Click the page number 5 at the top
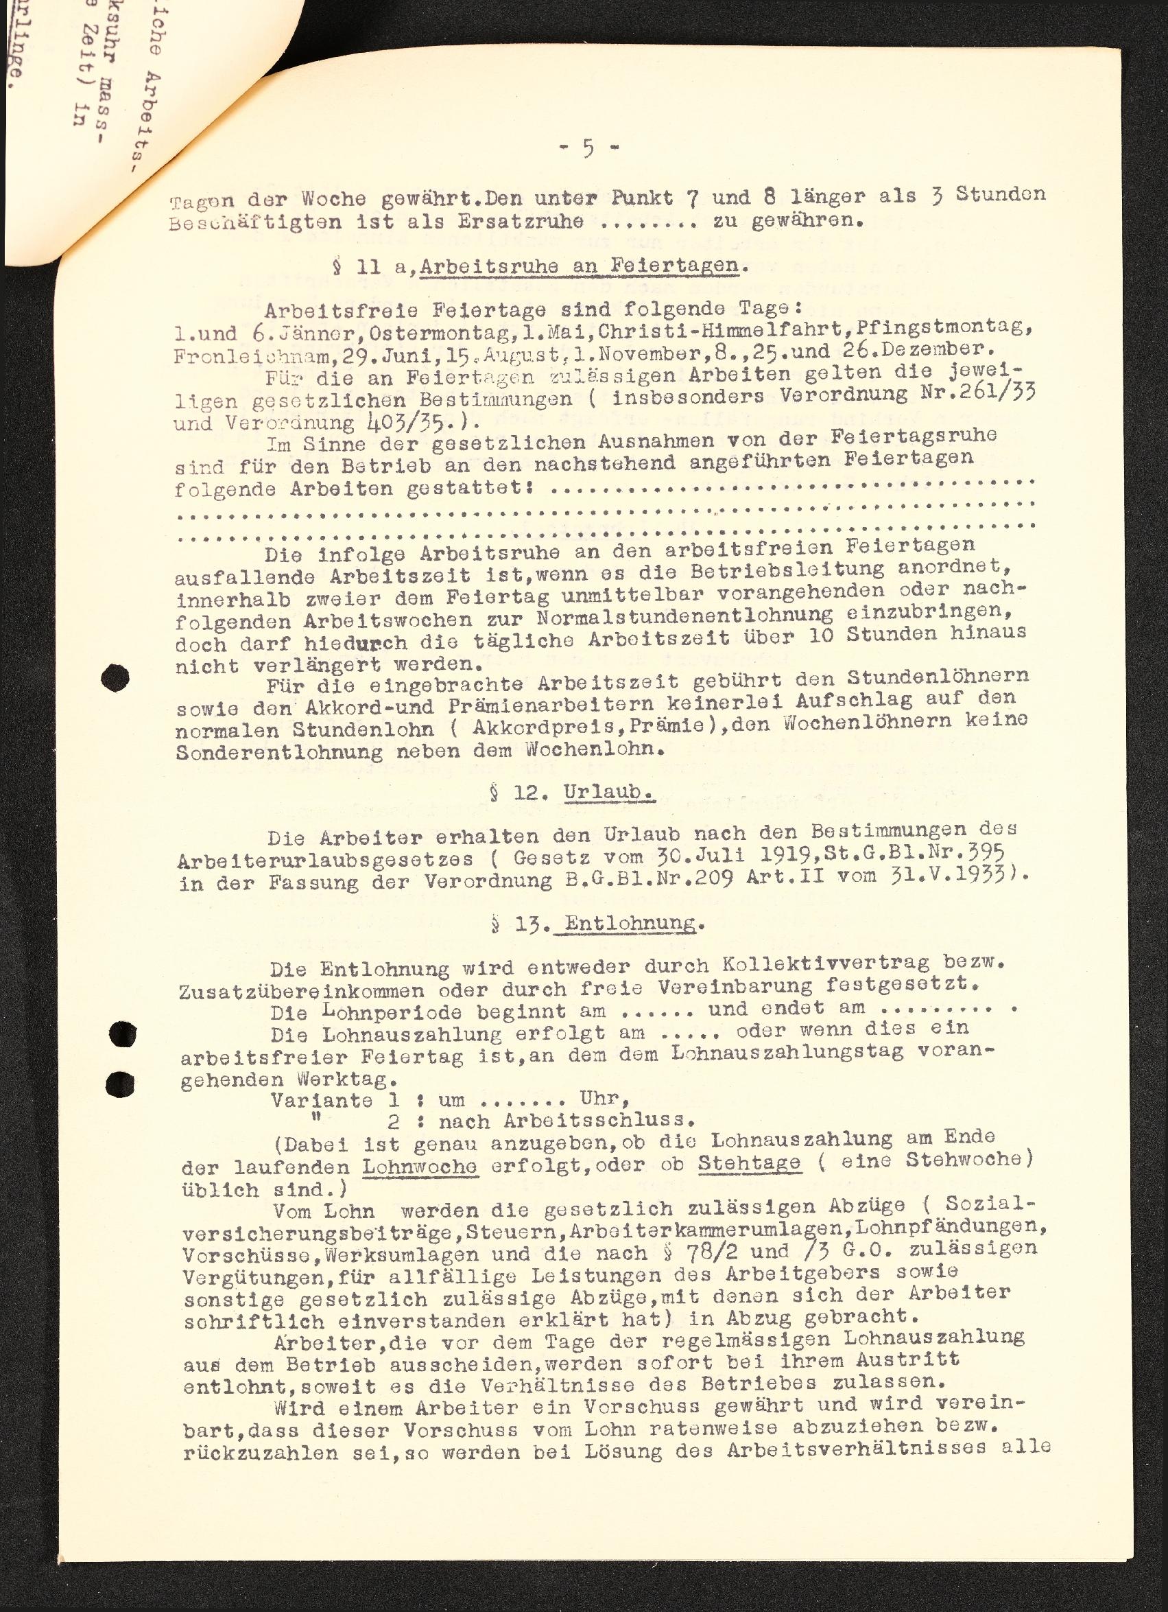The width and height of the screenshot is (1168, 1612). click(589, 150)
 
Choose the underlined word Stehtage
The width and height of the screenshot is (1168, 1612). click(750, 1163)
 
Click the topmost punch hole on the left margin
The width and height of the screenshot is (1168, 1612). click(115, 678)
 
